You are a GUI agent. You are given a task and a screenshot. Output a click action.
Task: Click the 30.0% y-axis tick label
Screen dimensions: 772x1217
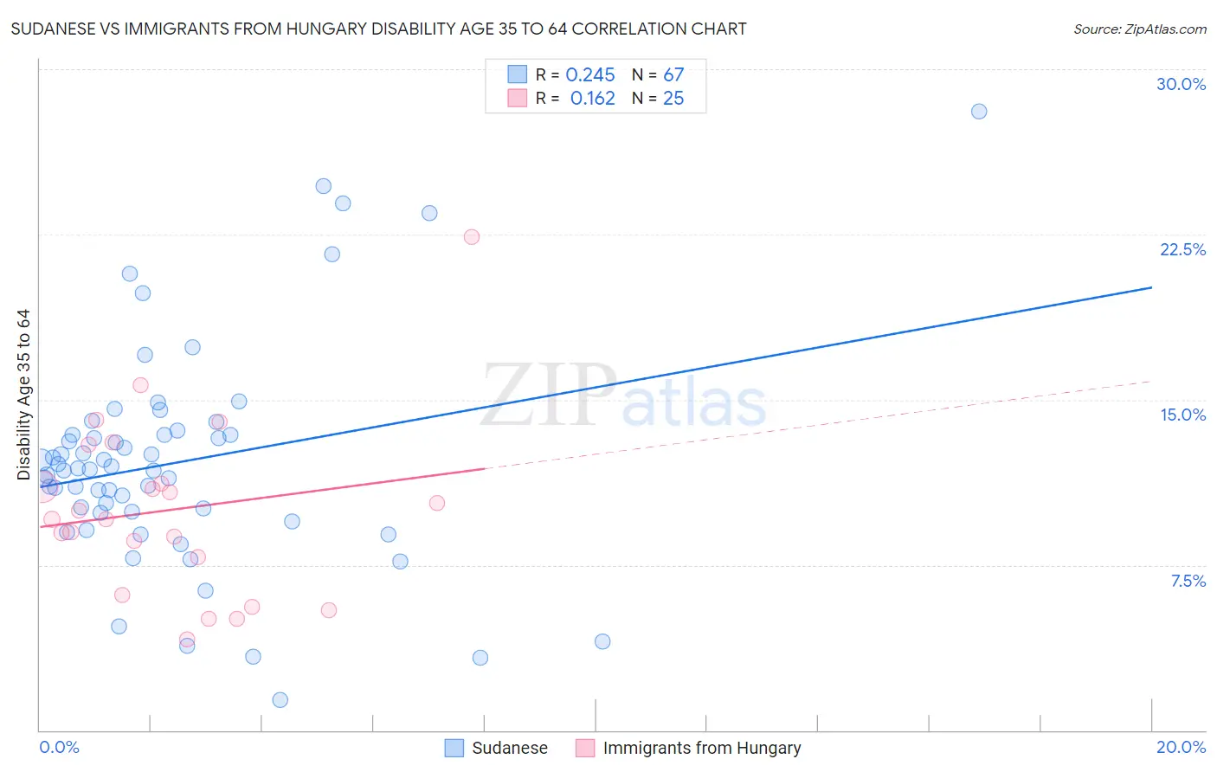(1181, 84)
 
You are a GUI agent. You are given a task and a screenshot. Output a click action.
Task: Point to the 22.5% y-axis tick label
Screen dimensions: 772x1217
(1182, 249)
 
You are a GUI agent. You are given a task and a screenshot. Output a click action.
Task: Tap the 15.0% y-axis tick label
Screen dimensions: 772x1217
(1182, 415)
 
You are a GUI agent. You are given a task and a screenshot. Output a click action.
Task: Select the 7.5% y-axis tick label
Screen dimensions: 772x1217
(1188, 581)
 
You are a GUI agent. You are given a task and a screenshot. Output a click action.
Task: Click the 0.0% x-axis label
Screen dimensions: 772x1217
(59, 747)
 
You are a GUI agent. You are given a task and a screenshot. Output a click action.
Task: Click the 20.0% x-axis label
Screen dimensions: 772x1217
(1181, 747)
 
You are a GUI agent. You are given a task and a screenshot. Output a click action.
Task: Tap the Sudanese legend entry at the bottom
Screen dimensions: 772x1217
(509, 748)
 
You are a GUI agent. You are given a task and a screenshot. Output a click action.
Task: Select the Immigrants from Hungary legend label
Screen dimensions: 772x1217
(701, 748)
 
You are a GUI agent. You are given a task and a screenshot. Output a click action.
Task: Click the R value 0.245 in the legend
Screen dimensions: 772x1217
(590, 75)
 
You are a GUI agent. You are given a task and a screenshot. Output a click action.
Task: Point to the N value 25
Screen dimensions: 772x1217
(673, 99)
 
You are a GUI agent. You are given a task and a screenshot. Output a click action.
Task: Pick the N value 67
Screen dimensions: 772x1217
(673, 75)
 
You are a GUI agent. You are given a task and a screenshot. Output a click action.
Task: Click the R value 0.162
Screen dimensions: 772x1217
(592, 99)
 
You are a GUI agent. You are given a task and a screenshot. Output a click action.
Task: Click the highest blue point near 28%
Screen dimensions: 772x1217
(979, 111)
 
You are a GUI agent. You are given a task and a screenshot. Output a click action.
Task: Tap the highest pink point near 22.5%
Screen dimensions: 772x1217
(472, 236)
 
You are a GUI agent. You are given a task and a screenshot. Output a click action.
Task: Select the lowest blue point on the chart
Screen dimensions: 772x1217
(280, 699)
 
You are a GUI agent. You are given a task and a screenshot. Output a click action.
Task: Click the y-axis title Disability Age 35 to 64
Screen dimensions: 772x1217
(23, 395)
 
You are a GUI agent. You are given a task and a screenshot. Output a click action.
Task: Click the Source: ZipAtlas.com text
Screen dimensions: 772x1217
(1139, 29)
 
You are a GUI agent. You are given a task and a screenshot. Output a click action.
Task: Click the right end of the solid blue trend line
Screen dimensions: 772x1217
(1151, 287)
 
